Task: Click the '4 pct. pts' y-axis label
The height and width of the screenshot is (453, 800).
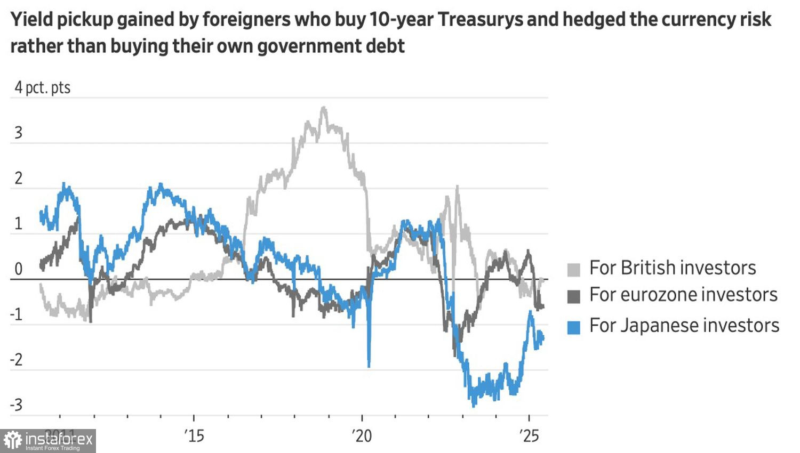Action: tap(42, 87)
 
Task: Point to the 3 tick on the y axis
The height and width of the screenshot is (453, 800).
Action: tap(19, 133)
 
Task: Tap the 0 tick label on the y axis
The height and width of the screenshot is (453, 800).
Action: tap(19, 269)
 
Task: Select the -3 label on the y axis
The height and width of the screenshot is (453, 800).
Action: tap(17, 405)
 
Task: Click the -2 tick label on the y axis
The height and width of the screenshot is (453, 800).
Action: tap(17, 360)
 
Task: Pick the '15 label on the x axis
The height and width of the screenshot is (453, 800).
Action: tap(194, 435)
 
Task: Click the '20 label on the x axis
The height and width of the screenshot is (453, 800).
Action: tap(362, 435)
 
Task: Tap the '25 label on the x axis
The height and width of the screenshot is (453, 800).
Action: tap(529, 435)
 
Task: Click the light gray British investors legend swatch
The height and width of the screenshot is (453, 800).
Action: tap(573, 270)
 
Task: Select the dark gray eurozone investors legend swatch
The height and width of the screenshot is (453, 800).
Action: tap(573, 296)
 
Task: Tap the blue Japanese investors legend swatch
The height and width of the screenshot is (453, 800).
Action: tap(573, 327)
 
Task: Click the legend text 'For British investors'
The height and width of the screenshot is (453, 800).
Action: tap(673, 268)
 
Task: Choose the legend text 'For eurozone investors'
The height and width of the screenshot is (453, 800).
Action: tap(683, 294)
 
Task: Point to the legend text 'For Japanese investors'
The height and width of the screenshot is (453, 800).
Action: tap(684, 325)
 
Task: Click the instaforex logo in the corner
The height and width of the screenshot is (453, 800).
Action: tap(48, 441)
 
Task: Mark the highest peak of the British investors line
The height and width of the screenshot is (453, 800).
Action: tap(323, 108)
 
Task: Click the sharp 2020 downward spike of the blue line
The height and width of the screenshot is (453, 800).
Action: tap(369, 365)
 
